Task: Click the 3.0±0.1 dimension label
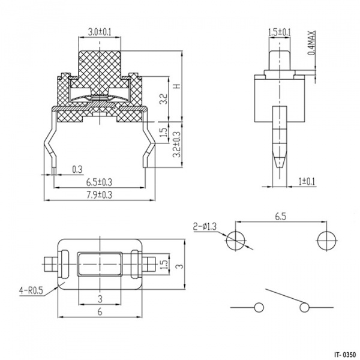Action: click(100, 32)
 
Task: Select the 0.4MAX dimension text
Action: click(311, 43)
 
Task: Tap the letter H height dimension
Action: click(178, 86)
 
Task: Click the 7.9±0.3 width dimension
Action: click(99, 195)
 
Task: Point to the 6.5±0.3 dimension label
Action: click(99, 182)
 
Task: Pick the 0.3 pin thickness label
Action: click(77, 169)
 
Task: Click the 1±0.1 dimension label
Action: click(307, 182)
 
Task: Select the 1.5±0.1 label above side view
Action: click(280, 32)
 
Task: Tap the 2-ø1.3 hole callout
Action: click(205, 227)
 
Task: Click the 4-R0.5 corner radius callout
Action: click(31, 291)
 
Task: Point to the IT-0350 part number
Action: click(346, 354)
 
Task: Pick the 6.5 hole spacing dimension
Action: click(281, 217)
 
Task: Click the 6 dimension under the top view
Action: click(100, 312)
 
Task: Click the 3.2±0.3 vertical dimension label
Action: click(176, 145)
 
